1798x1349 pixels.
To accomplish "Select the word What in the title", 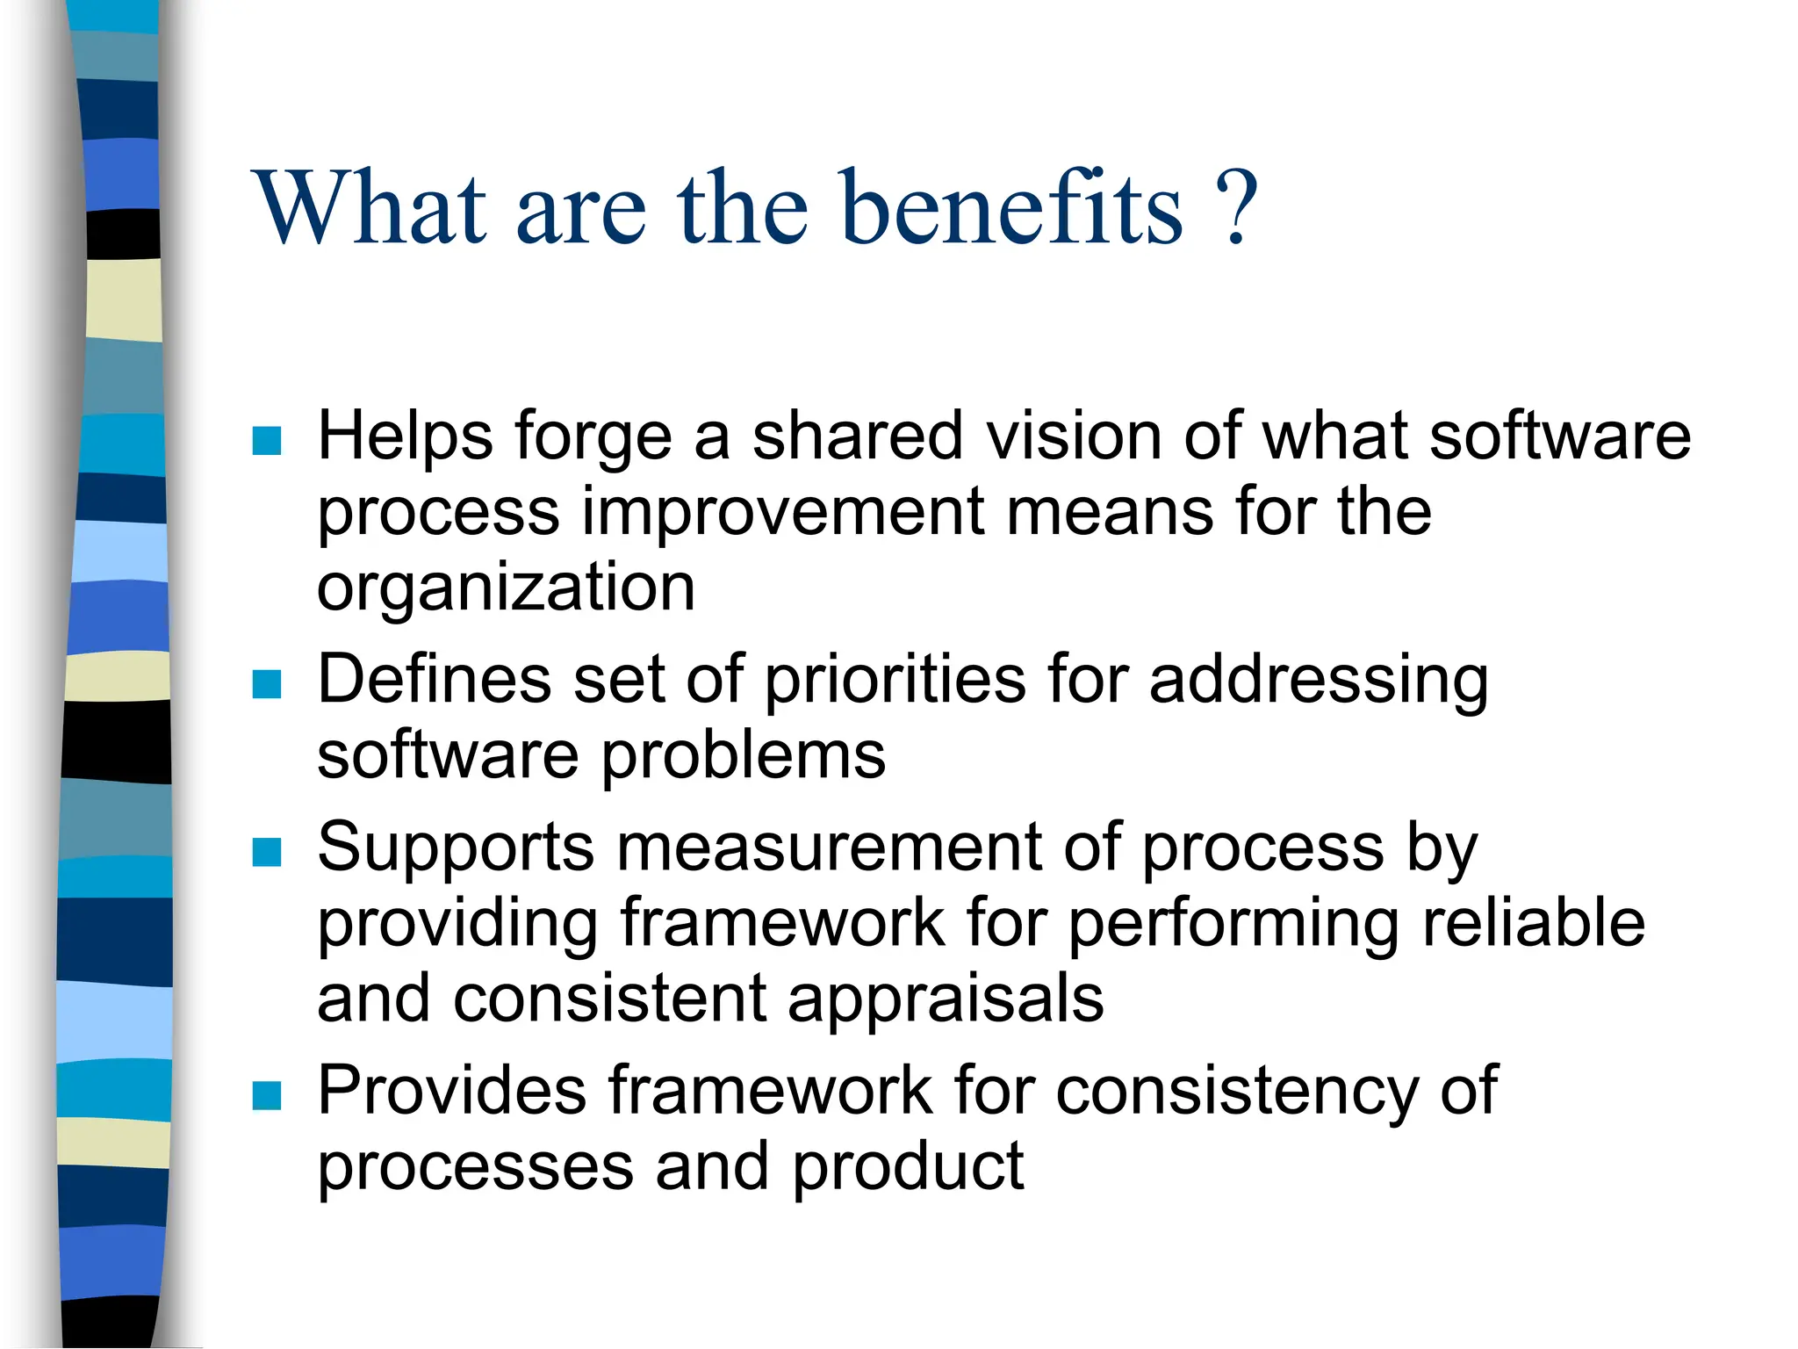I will [370, 209].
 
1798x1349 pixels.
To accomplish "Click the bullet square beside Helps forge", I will [267, 440].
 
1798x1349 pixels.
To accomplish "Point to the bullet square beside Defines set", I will [267, 683].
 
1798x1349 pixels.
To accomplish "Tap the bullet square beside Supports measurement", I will [267, 851].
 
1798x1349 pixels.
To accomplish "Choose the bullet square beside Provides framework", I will [267, 1095].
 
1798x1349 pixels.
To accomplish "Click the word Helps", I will [405, 436].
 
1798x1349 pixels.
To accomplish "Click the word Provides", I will [451, 1092].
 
